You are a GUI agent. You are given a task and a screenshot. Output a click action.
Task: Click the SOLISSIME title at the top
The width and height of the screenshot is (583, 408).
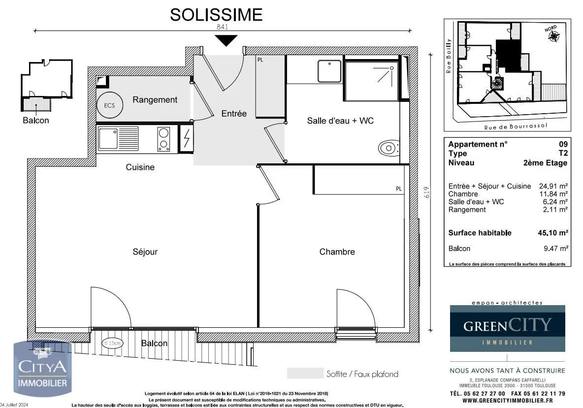[216, 15]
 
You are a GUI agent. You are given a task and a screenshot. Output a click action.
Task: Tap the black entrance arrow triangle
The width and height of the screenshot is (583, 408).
[226, 41]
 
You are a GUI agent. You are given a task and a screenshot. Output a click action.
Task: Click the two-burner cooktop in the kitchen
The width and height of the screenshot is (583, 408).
[163, 139]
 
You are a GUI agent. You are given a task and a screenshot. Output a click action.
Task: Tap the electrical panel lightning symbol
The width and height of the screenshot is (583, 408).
[187, 139]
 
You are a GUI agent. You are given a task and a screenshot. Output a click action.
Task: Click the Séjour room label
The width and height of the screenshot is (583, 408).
[145, 252]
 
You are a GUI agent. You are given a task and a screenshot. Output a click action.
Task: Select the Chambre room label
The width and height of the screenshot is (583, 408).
[337, 252]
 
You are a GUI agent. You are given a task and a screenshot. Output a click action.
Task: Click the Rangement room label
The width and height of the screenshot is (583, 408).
[155, 100]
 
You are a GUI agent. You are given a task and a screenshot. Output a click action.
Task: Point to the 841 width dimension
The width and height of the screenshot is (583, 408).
[223, 28]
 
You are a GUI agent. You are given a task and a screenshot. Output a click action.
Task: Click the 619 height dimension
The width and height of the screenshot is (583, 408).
[427, 192]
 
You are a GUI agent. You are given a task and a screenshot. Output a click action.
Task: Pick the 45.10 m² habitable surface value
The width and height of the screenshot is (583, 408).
[553, 233]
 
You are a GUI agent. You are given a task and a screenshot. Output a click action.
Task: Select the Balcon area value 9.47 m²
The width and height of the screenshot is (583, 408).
[556, 249]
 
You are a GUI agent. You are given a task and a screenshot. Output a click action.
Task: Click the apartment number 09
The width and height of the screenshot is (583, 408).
[563, 144]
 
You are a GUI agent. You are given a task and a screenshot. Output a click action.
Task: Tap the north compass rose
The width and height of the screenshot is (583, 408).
[554, 36]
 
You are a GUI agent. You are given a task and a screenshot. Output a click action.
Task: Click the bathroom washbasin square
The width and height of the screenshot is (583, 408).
[329, 71]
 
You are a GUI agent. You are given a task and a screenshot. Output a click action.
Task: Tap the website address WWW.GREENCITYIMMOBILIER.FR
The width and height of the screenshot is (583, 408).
[508, 401]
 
